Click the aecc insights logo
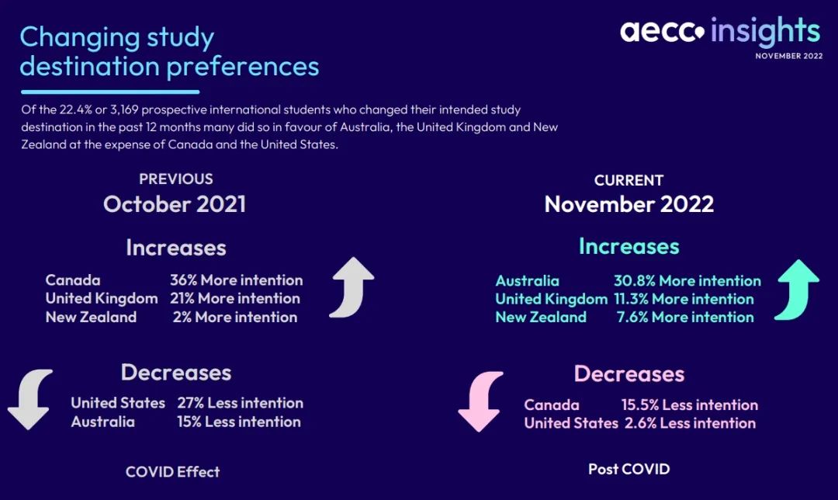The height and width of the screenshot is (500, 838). coord(720,31)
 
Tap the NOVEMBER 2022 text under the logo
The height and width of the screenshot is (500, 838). coord(789,56)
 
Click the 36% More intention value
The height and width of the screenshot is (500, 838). coord(236,280)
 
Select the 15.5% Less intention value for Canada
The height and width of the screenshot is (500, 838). coord(690,405)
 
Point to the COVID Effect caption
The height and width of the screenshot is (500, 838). coord(172,471)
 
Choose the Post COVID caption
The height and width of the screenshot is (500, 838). coord(629,469)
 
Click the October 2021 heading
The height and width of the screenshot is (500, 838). coord(175,203)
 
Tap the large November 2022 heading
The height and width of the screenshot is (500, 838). coord(629,203)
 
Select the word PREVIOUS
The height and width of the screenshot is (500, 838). coord(176,179)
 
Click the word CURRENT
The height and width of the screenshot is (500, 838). coord(629,180)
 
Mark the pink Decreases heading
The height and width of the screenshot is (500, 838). coord(629,373)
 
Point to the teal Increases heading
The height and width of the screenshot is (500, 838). coord(629,247)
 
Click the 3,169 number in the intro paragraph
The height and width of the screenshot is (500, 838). coord(124,109)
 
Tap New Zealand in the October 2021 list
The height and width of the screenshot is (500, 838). coord(91,317)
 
